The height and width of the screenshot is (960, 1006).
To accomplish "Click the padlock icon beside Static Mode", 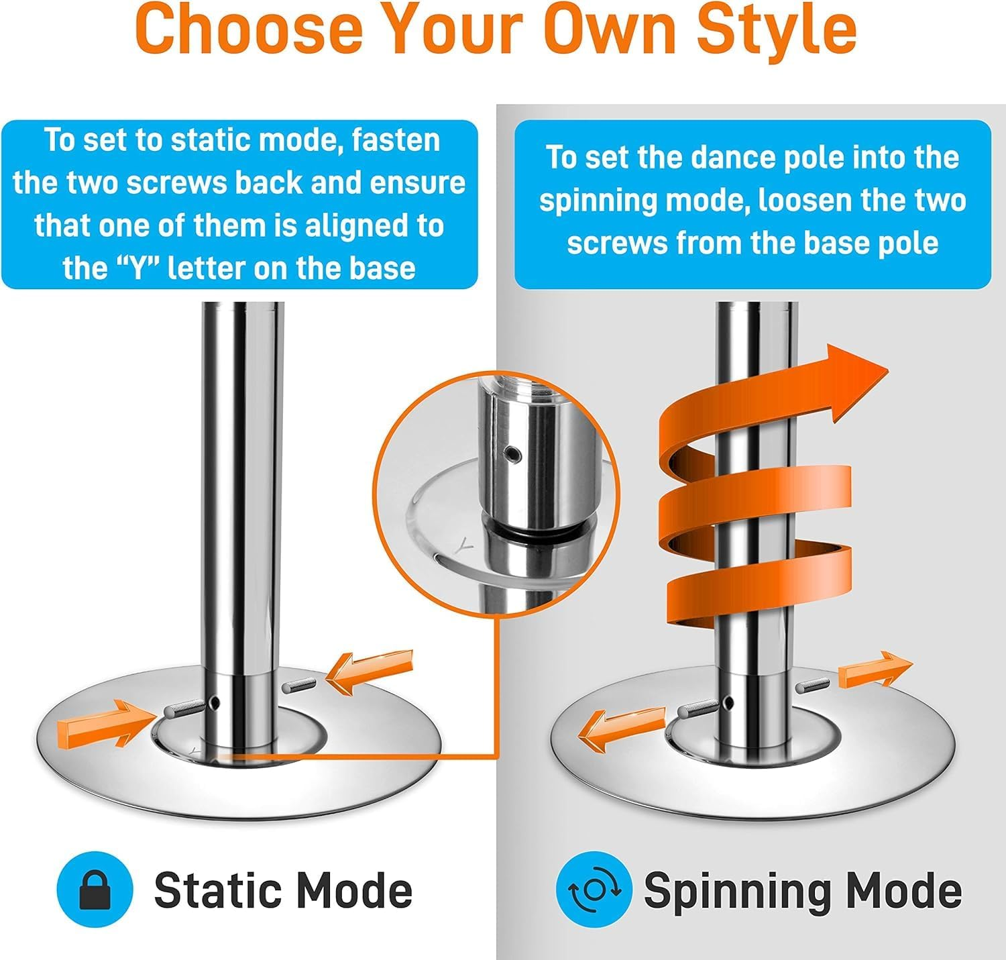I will [x=95, y=890].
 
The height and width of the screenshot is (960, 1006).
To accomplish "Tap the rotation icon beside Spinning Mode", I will [x=594, y=890].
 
